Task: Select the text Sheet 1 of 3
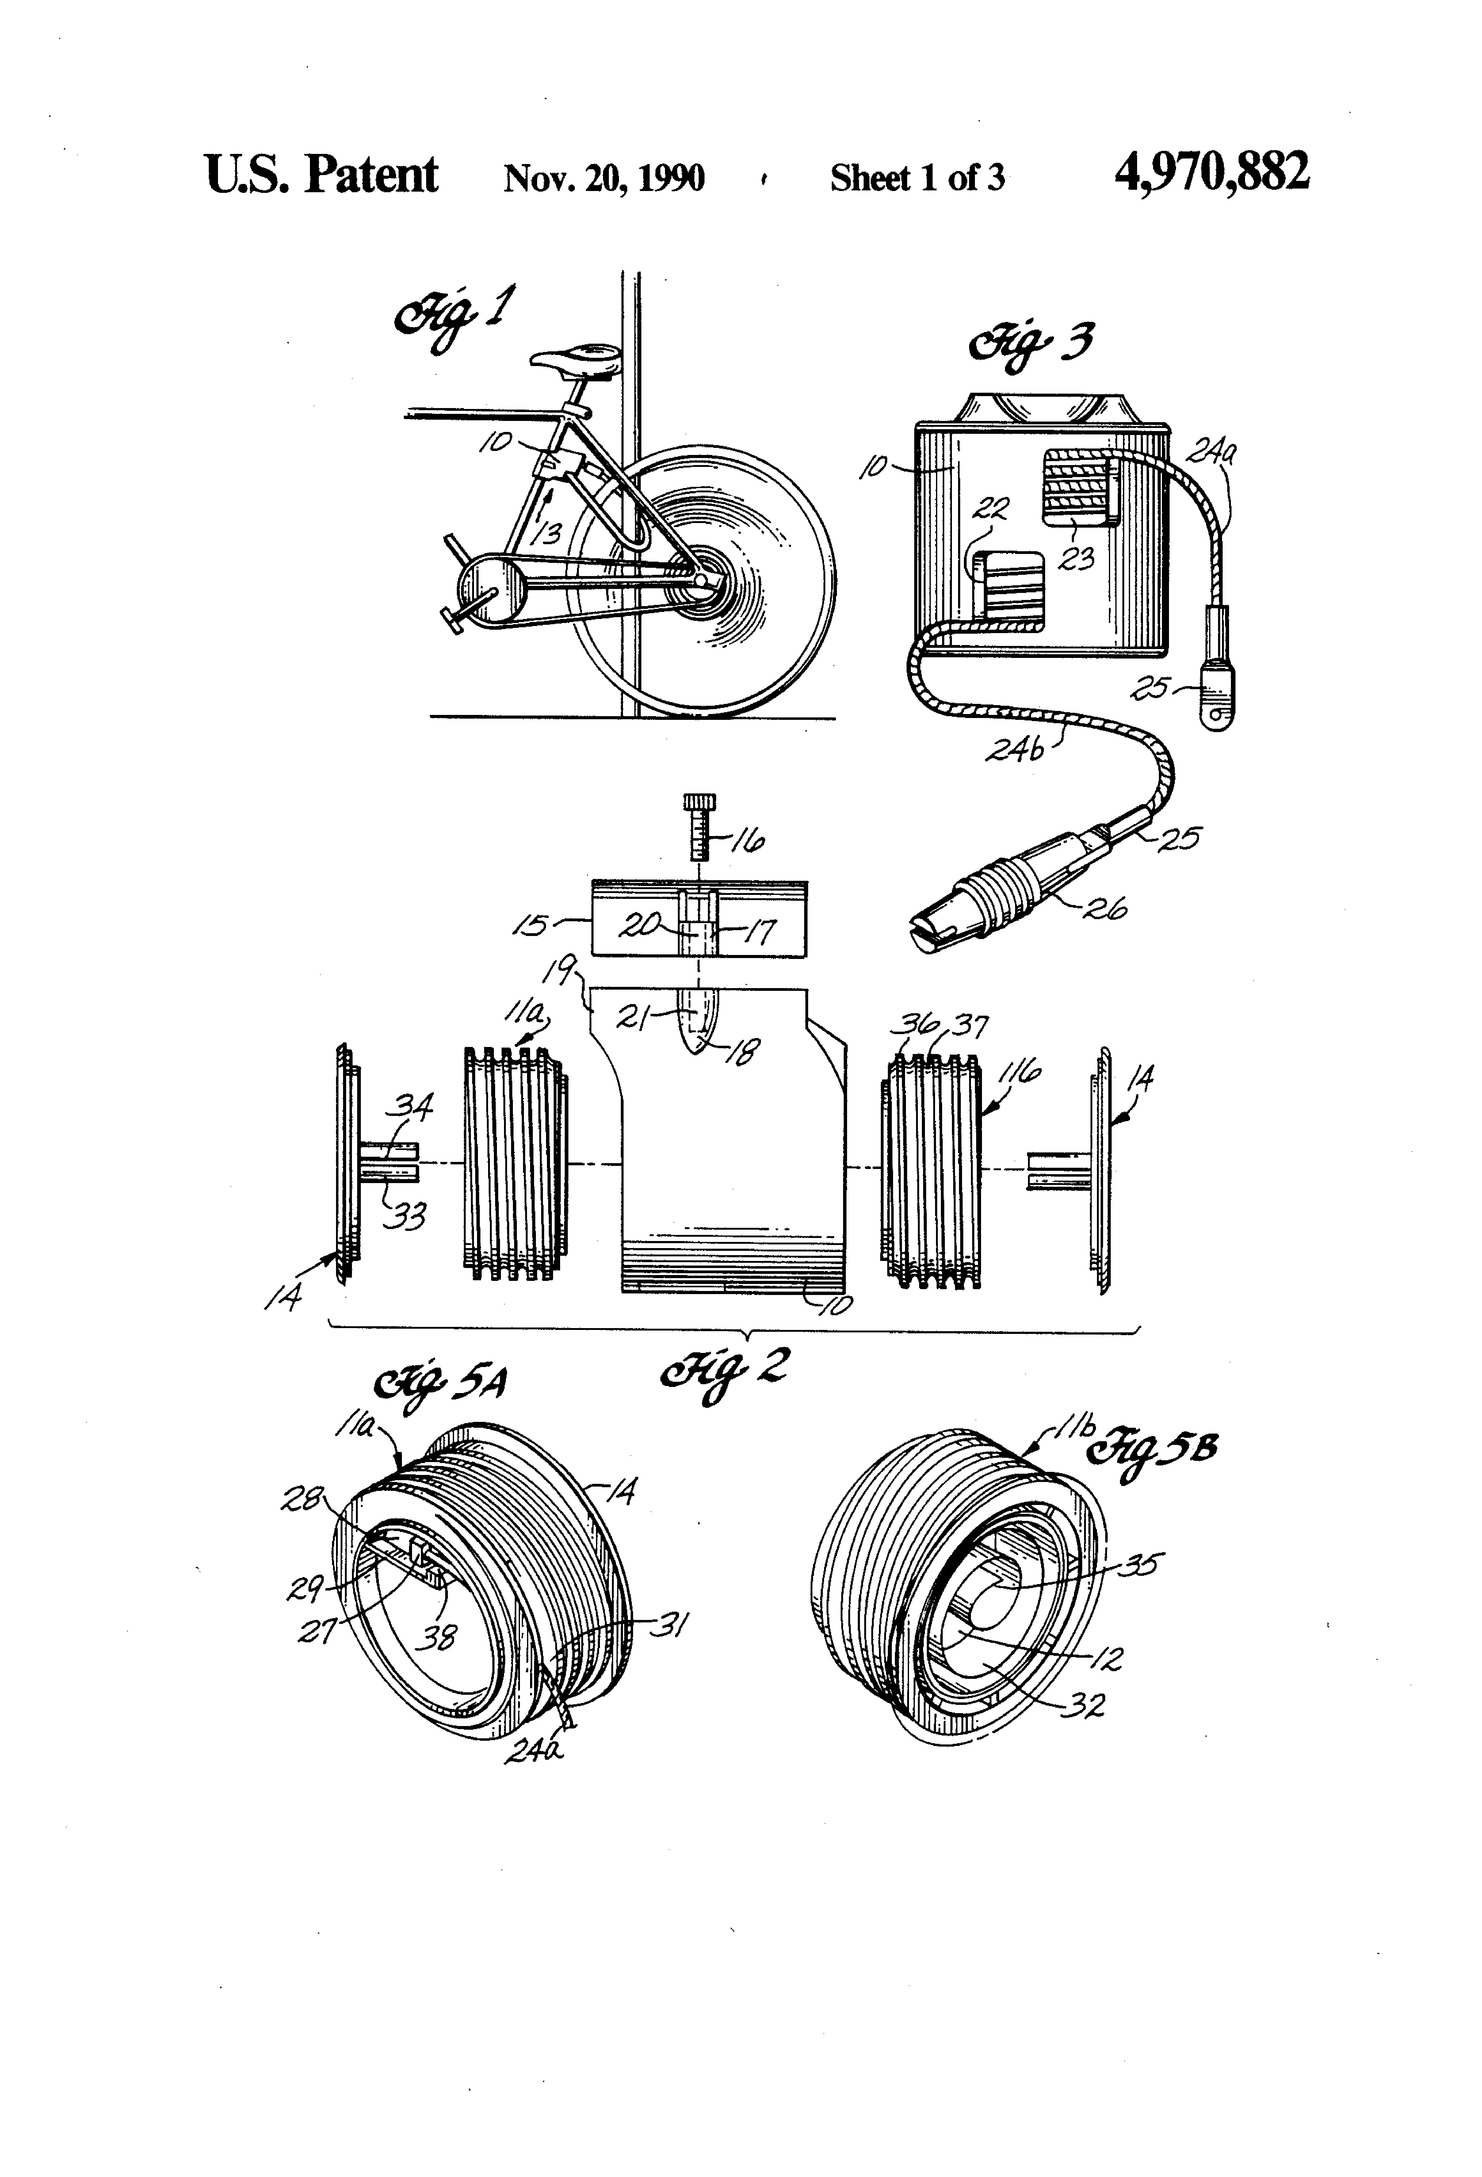click(x=917, y=177)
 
